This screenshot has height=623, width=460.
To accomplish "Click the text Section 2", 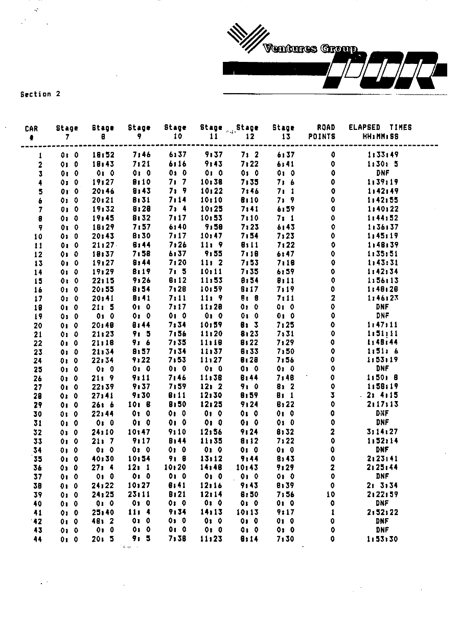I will pos(40,94).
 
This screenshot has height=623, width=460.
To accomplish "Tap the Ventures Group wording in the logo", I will pos(310,49).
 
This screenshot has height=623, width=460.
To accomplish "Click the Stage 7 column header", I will pos(67,132).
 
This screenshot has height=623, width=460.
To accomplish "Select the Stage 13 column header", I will pos(284,132).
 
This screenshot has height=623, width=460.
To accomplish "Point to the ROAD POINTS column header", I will pos(323,132).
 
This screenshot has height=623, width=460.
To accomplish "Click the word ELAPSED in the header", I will pos(364,127).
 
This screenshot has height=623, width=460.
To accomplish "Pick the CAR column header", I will pos(32,132).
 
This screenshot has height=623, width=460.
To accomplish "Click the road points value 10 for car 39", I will pos(331,495).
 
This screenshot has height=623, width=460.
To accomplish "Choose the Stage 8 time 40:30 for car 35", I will pos(103,459).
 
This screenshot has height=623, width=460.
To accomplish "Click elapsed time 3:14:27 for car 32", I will pos(383,432).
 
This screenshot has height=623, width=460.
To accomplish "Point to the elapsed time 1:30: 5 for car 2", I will pos(383,165).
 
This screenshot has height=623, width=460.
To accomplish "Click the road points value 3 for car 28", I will pos(332,396).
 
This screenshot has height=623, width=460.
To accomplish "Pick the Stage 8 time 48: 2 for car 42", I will pos(103,521).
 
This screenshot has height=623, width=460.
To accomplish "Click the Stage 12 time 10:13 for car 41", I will pos(246,513).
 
